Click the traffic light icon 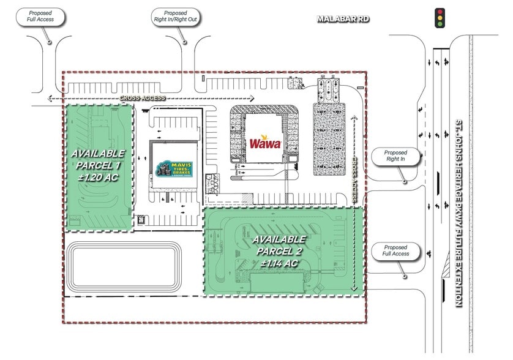[x=438, y=18]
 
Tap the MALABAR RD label [x=343, y=19]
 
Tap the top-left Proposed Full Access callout [x=42, y=16]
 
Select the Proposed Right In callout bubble [x=396, y=157]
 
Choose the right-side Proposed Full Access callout [x=396, y=250]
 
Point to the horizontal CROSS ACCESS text [x=142, y=98]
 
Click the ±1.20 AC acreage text [x=98, y=178]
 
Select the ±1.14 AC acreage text [x=279, y=263]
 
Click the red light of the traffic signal [x=438, y=12]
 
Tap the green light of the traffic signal [x=438, y=24]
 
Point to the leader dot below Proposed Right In [x=404, y=182]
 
